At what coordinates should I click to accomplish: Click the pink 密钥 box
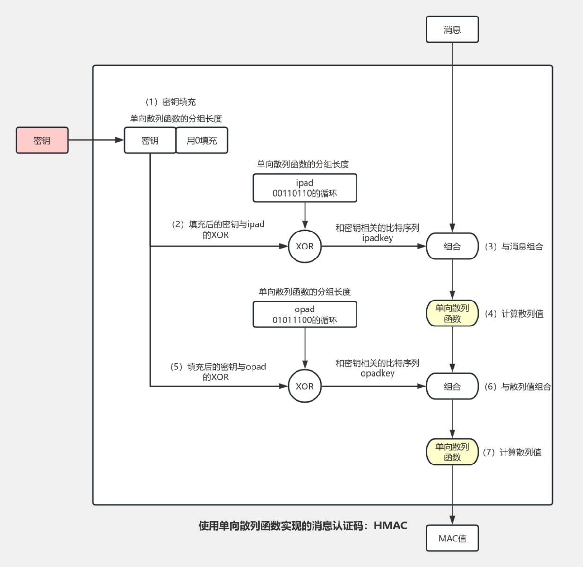[x=42, y=140]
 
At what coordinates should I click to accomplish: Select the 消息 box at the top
[x=452, y=29]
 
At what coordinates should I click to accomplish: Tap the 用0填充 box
[x=202, y=140]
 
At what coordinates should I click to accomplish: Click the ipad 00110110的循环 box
[x=305, y=188]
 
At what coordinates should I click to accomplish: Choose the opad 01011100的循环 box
[x=305, y=315]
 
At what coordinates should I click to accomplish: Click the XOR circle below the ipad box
[x=305, y=246]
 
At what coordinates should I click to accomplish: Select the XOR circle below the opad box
[x=305, y=386]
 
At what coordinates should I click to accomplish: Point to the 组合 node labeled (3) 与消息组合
[x=452, y=246]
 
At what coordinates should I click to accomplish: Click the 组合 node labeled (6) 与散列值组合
[x=452, y=387]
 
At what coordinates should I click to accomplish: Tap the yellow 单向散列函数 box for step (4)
[x=452, y=313]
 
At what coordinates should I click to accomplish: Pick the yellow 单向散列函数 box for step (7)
[x=452, y=452]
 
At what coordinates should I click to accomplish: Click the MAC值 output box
[x=452, y=538]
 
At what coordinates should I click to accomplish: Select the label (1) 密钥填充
[x=170, y=102]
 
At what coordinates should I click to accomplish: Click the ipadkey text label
[x=377, y=238]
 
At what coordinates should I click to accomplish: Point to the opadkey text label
[x=377, y=374]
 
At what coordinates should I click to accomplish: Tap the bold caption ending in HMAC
[x=303, y=525]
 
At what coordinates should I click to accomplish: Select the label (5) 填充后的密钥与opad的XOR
[x=218, y=372]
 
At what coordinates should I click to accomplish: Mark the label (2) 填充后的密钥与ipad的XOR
[x=217, y=230]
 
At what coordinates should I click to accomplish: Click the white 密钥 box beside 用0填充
[x=150, y=140]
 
